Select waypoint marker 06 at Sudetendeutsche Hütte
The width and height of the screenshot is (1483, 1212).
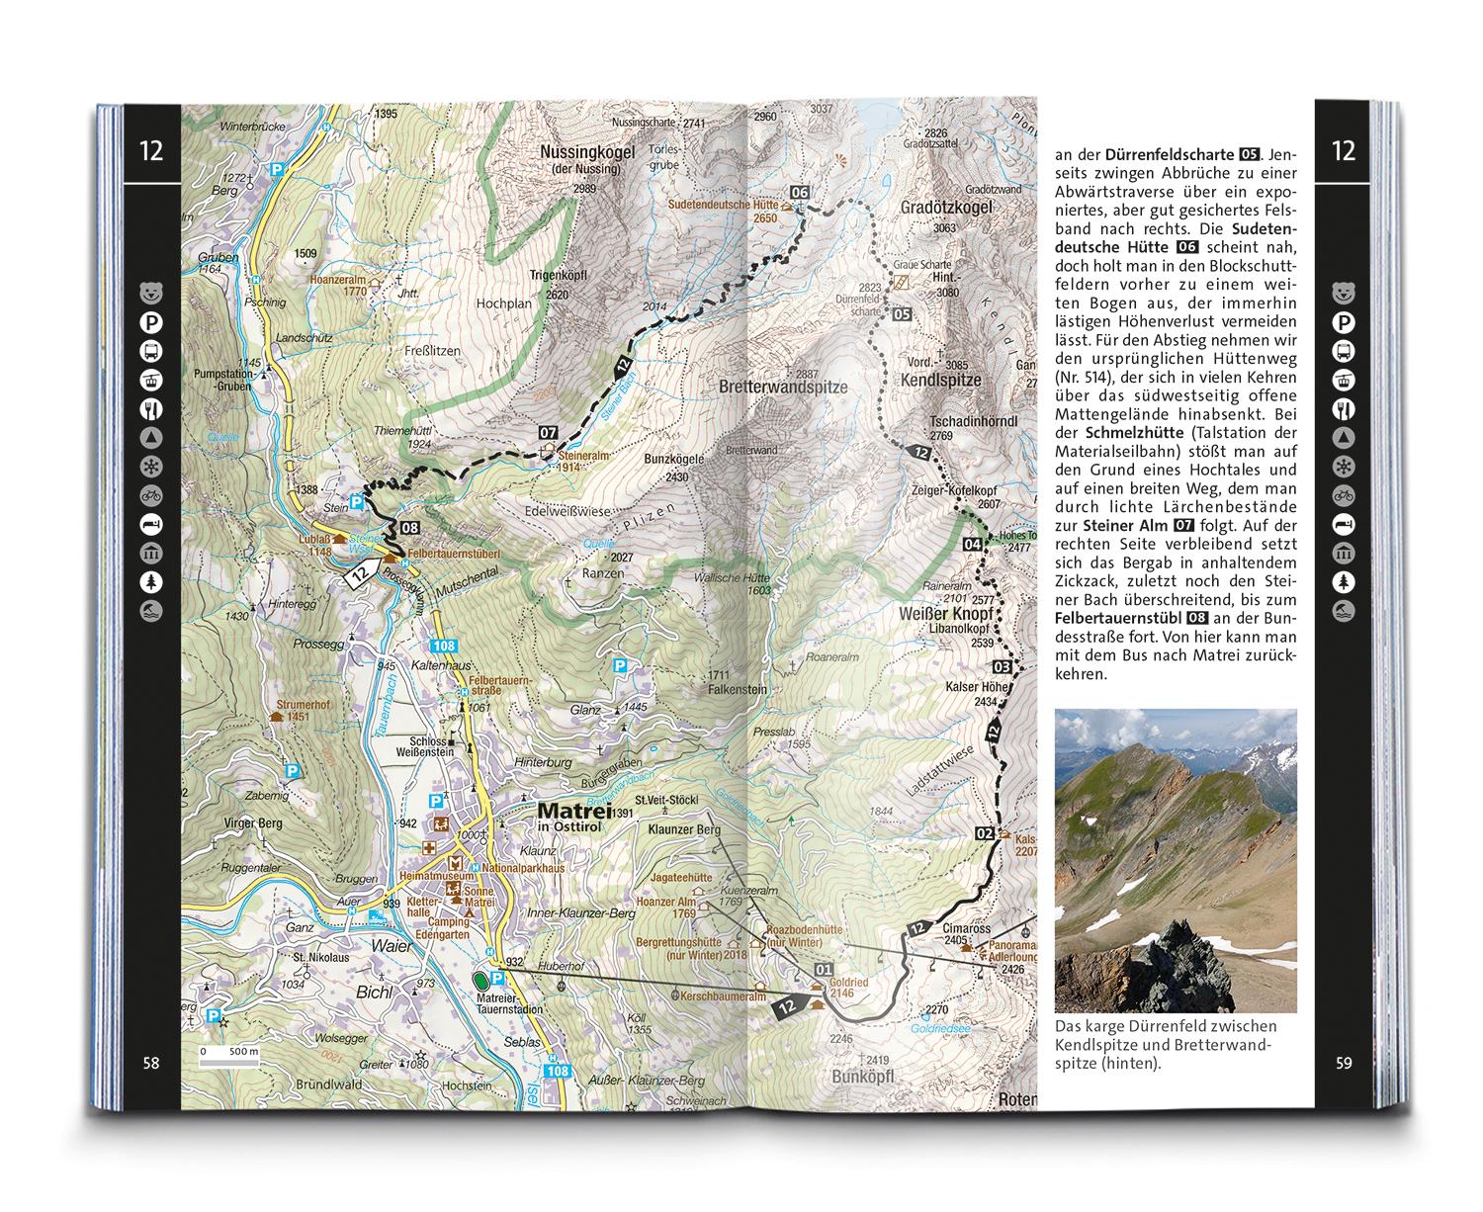point(800,192)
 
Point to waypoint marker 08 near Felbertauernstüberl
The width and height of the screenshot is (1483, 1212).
point(409,527)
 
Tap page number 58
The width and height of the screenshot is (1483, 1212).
point(150,1063)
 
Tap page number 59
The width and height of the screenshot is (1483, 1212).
point(1343,1063)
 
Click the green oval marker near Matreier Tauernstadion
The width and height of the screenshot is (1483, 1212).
point(481,980)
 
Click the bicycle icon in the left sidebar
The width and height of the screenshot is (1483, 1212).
point(151,493)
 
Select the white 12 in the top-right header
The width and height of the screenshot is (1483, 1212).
point(1343,151)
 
